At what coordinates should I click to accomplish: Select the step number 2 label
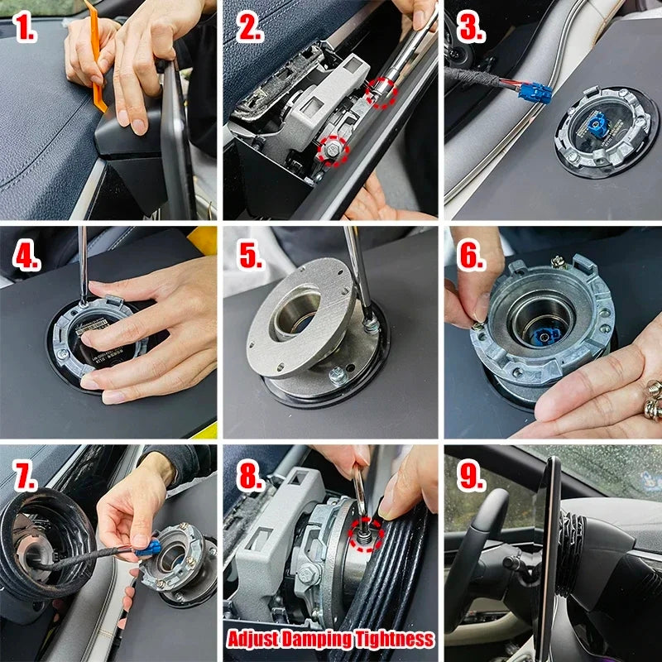pyautogui.click(x=250, y=31)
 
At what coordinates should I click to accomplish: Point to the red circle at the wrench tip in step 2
pyautogui.click(x=381, y=93)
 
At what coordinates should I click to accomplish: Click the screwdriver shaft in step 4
pyautogui.click(x=83, y=265)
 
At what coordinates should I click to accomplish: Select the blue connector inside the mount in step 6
pyautogui.click(x=546, y=338)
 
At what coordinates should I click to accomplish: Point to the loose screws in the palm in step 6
pyautogui.click(x=650, y=406)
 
